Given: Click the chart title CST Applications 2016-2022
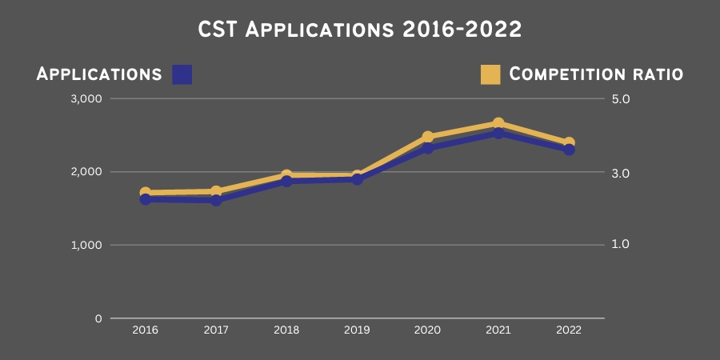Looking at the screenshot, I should pos(360,30).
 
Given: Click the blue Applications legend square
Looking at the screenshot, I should pos(182,74).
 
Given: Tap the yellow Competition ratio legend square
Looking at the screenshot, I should pos(490,74).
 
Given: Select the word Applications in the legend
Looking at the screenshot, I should pos(99,74).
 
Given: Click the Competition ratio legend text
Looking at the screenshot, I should pos(596,74).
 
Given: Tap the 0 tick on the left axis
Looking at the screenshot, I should pos(98,318).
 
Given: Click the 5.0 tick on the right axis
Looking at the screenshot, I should pos(622,99).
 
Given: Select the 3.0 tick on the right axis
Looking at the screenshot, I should pos(622,173).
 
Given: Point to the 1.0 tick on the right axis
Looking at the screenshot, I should pos(622,244).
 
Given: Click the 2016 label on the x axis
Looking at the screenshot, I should pos(145,330).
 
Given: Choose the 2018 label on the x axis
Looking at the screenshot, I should pos(286,330).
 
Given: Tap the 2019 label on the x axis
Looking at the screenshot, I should pos(357,330).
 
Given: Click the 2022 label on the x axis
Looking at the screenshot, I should pos(569,330).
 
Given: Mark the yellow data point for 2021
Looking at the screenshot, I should pos(498,124).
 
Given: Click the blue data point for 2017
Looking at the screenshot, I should pos(216,200).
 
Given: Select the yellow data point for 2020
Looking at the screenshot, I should pos(428,138).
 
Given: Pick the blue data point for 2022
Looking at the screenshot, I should pos(569,150).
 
